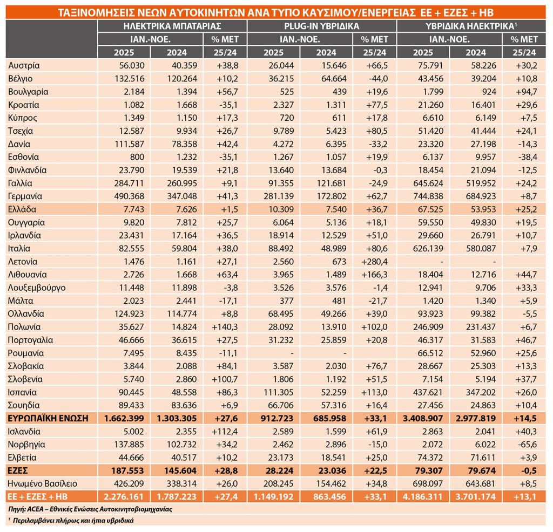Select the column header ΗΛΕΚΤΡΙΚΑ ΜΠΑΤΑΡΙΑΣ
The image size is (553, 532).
(x=172, y=26)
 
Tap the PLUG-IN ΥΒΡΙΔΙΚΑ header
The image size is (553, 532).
(x=322, y=26)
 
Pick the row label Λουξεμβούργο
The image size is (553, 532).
(x=37, y=287)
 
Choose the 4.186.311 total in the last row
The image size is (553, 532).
(x=423, y=496)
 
